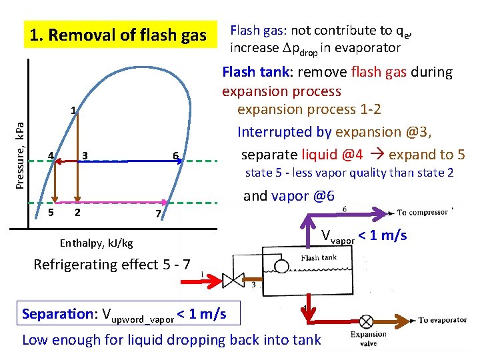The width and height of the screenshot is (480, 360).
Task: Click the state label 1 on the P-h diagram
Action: pos(73,111)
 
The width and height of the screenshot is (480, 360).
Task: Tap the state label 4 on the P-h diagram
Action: pos(50,156)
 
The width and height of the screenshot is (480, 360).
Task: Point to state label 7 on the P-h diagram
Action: pos(157,213)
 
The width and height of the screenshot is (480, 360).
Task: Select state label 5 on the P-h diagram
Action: pos(51,213)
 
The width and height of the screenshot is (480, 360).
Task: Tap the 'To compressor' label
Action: pos(423,213)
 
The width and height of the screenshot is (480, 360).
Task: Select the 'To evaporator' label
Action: pos(443,320)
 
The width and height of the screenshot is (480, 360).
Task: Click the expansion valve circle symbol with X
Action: pos(365,320)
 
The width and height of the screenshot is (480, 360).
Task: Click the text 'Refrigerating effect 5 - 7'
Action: pos(112,264)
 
